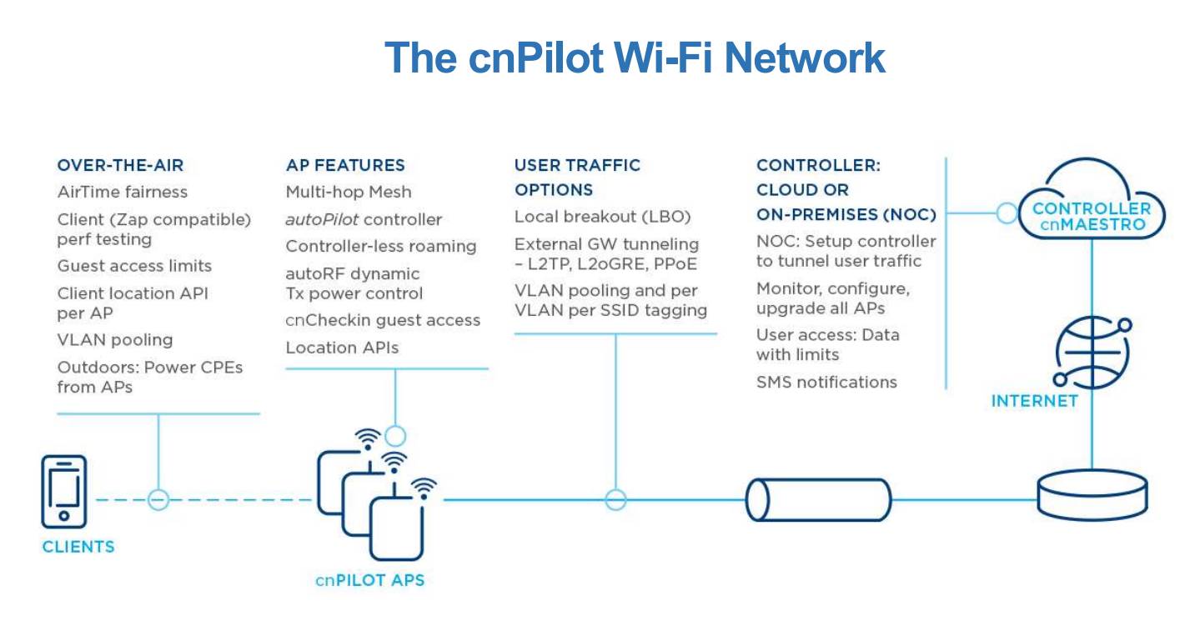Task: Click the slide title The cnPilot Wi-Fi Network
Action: [x=634, y=58]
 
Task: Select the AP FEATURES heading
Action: [x=345, y=165]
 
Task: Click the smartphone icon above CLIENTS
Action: [x=63, y=492]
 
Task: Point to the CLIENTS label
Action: [x=78, y=547]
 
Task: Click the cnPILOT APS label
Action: [x=369, y=579]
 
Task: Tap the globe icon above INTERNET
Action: [x=1090, y=349]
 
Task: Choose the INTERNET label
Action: [x=1034, y=402]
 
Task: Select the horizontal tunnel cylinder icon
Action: [x=818, y=499]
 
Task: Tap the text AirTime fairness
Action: [x=123, y=192]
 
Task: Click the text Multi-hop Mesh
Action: [x=349, y=192]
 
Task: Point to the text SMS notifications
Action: [x=826, y=382]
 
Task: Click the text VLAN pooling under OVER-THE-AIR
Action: [x=115, y=339]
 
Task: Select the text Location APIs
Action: [x=342, y=348]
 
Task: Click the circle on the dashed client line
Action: [x=158, y=499]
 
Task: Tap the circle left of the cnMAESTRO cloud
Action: [x=1007, y=213]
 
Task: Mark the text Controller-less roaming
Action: [x=381, y=246]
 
